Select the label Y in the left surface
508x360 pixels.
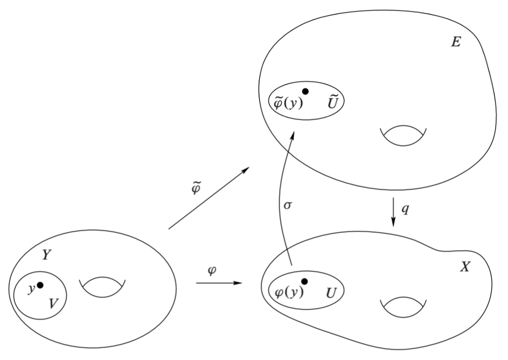[x=47, y=255]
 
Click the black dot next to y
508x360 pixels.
[x=40, y=285]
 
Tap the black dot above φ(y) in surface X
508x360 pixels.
[x=305, y=281]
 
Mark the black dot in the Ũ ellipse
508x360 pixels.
[x=305, y=92]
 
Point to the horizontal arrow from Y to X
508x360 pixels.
[x=218, y=282]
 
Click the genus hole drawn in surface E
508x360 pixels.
[x=403, y=136]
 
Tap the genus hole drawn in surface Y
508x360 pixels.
[x=102, y=287]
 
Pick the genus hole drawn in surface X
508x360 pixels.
[x=403, y=306]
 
